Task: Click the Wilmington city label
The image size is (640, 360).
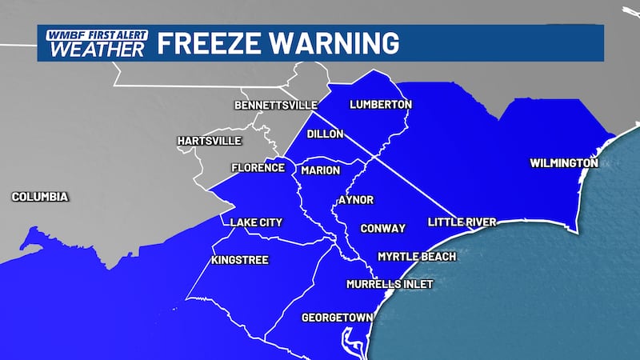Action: click(564, 163)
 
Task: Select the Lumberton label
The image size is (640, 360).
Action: click(381, 105)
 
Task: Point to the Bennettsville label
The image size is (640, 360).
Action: click(276, 106)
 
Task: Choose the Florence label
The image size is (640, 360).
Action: click(258, 168)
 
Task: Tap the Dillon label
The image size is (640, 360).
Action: click(326, 134)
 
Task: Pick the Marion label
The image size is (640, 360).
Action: click(321, 170)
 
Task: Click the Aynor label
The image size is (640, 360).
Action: click(356, 200)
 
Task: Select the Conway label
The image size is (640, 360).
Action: click(382, 228)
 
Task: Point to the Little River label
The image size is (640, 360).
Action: click(462, 222)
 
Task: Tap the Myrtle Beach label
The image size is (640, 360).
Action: click(417, 257)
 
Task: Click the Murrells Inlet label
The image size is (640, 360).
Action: click(390, 284)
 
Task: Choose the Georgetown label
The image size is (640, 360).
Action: click(337, 318)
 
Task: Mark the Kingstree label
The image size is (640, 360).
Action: click(240, 261)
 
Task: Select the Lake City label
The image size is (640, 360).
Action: click(256, 222)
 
